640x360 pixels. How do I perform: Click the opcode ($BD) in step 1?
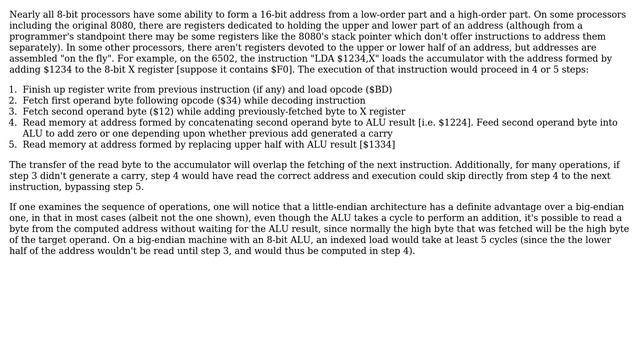377,89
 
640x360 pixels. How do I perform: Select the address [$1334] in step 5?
376,144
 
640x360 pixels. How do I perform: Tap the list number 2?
12,100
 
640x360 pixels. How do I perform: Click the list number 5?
12,144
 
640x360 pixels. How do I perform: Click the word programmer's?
38,37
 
